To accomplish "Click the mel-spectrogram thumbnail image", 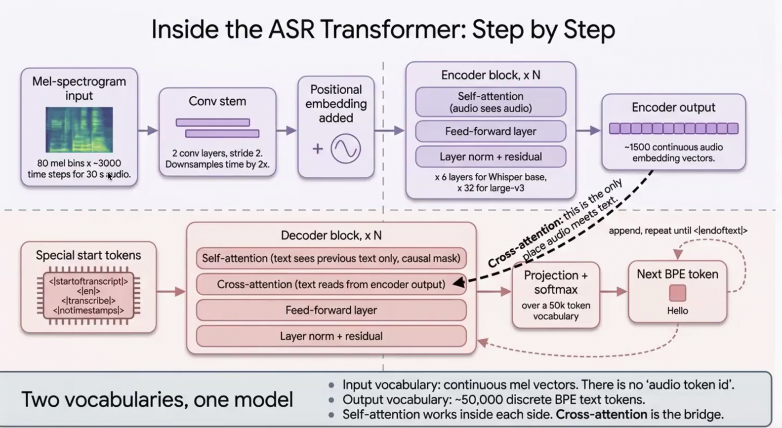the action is (x=79, y=129).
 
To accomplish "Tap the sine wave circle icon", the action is (x=346, y=149).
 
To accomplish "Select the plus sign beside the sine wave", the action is (x=318, y=149).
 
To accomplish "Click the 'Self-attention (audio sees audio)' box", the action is (x=491, y=102).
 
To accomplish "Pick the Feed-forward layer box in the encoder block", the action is (x=491, y=131).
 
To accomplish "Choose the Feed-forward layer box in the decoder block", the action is (x=331, y=310).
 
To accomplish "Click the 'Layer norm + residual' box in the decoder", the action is (x=331, y=336).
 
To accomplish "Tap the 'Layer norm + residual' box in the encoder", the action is (x=491, y=156).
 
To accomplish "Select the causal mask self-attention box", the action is (x=331, y=258).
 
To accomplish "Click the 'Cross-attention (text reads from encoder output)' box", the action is (x=331, y=284).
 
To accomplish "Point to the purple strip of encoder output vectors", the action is (x=674, y=128).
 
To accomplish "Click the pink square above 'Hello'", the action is (x=678, y=293).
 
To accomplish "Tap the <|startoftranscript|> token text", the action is (x=88, y=281).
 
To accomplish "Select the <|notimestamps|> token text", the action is (x=88, y=310).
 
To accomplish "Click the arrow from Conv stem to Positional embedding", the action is (x=286, y=130).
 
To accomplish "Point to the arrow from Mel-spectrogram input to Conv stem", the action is (x=148, y=130).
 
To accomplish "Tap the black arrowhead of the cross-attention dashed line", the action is (x=459, y=282).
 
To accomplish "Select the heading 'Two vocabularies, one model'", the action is (x=157, y=400).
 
